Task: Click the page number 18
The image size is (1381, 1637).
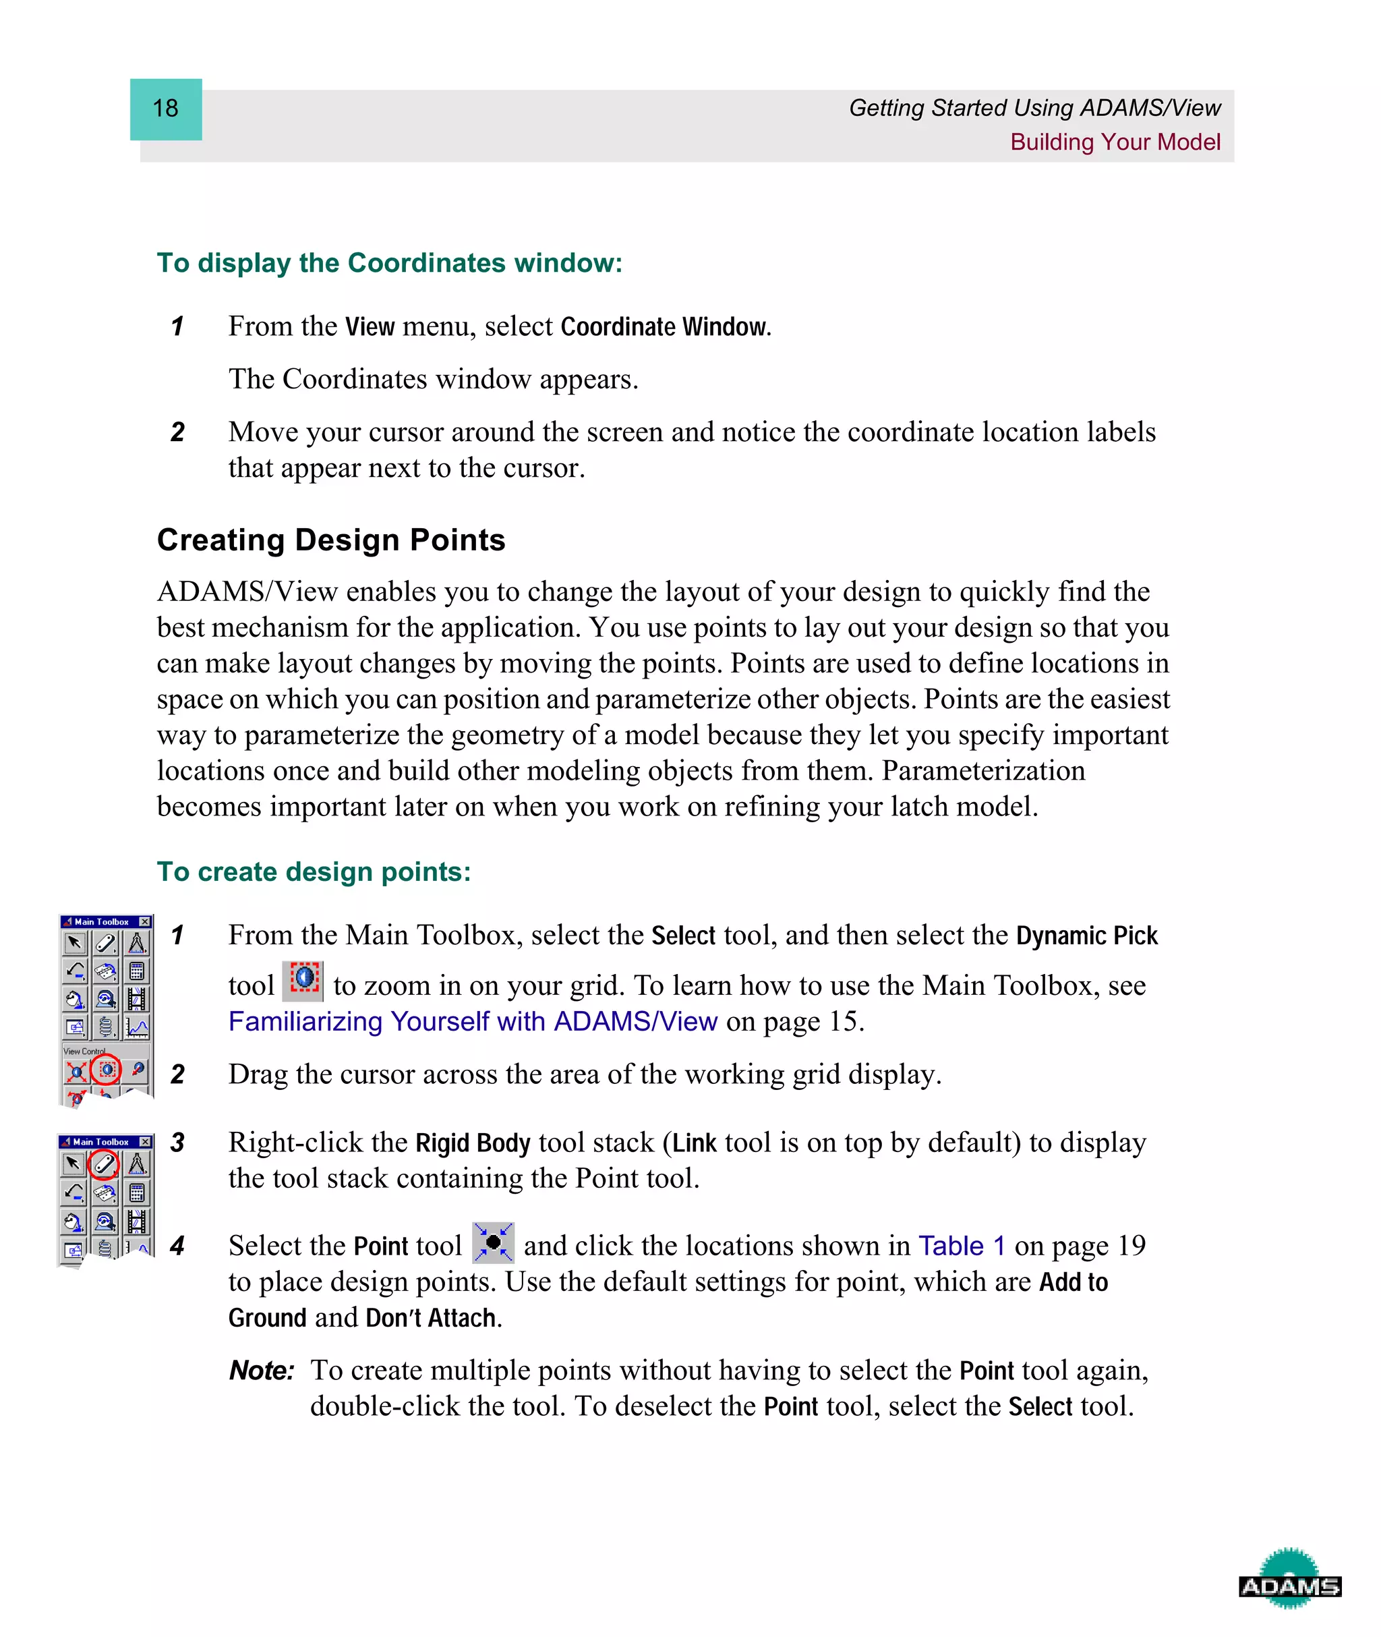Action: click(165, 108)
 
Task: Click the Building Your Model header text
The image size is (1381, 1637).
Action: click(1114, 142)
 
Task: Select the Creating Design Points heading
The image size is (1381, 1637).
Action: click(330, 540)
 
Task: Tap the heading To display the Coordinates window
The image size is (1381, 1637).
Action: click(389, 263)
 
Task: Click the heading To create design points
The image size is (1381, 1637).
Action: click(313, 871)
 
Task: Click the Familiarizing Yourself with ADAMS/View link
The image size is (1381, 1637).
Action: click(472, 1021)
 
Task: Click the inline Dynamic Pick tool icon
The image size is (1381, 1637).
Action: click(303, 980)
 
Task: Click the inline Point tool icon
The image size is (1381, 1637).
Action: click(492, 1242)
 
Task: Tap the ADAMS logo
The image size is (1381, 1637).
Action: click(1289, 1586)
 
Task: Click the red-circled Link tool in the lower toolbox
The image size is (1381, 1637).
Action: click(103, 1164)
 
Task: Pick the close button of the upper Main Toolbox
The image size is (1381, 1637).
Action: click(145, 921)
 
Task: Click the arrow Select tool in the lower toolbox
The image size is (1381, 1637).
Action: click(73, 1164)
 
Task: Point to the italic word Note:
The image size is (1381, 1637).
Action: click(261, 1370)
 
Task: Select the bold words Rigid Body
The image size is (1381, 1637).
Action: click(472, 1143)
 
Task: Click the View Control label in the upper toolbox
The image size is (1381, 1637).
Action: click(84, 1052)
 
